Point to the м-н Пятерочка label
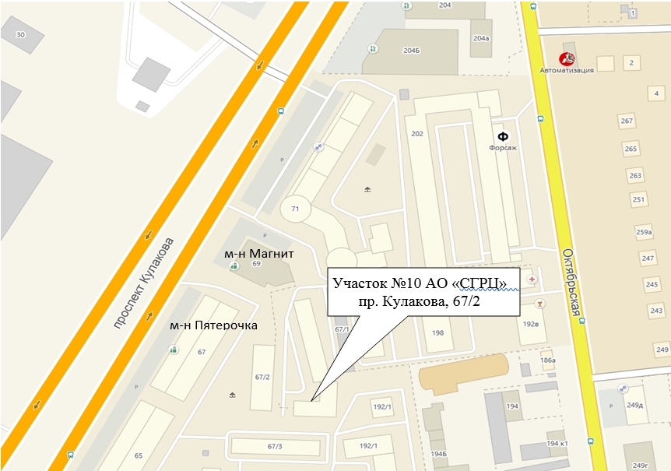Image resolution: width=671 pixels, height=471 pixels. click(x=213, y=325)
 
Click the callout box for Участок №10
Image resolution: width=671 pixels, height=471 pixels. click(x=423, y=291)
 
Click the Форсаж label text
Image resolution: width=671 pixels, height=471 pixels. click(x=503, y=147)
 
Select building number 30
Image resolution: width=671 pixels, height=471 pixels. click(x=20, y=34)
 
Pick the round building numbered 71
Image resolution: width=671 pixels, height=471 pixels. click(x=295, y=209)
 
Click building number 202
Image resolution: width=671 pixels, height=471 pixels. click(x=417, y=134)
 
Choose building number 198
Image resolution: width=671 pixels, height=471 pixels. click(x=437, y=332)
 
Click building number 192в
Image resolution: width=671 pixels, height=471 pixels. click(x=532, y=323)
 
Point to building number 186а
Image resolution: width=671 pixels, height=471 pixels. click(x=548, y=360)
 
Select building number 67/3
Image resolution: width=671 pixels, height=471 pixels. click(x=275, y=446)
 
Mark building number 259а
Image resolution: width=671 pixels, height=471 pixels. click(x=643, y=232)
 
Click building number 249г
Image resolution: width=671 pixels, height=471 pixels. click(x=640, y=465)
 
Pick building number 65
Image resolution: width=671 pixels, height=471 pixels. click(x=139, y=455)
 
